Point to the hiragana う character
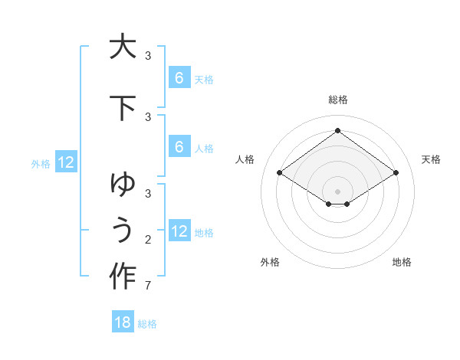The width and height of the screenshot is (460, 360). click(122, 230)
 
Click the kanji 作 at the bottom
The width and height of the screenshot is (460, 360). click(122, 276)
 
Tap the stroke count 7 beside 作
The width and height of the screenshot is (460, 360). click(147, 286)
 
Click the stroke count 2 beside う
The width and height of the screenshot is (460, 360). click(147, 240)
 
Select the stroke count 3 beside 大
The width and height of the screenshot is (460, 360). click(147, 56)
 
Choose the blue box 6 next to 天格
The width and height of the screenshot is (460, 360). click(179, 78)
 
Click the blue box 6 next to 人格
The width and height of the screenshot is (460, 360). click(179, 148)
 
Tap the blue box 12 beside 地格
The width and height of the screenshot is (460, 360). click(179, 231)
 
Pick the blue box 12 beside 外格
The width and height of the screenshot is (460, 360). click(66, 162)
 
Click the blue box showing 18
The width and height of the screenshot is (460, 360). click(123, 322)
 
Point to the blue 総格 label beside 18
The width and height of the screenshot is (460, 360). click(147, 324)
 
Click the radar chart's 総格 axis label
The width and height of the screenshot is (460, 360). click(337, 100)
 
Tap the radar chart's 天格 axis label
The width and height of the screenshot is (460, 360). click(431, 159)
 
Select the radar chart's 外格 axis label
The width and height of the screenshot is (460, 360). click(270, 262)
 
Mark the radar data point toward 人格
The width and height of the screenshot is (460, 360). click(279, 173)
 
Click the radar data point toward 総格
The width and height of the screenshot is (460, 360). click(337, 131)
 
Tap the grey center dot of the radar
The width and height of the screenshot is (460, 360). click(337, 191)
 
